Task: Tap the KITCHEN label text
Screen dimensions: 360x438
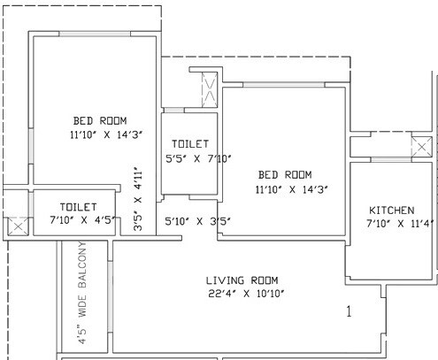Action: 391,210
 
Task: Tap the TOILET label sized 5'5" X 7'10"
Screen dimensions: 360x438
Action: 189,143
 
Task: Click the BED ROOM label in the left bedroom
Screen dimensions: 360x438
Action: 100,121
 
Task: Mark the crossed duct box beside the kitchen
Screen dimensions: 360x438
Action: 420,148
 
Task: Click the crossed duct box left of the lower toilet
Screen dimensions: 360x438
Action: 16,225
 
